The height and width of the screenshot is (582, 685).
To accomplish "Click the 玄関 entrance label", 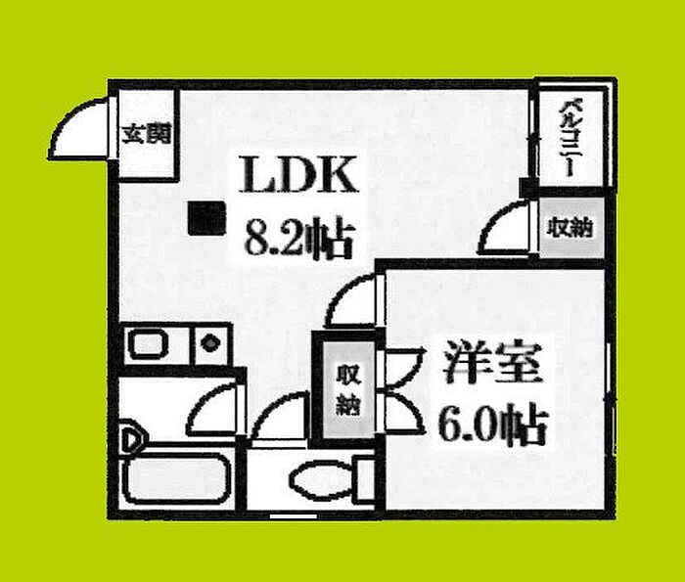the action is [x=147, y=134].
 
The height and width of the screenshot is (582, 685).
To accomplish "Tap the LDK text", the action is [x=298, y=175].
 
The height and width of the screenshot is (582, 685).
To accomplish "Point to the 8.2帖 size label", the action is [x=298, y=240].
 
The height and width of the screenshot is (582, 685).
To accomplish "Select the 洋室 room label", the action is [x=493, y=363].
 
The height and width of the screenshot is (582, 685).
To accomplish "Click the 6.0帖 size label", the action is [x=493, y=425].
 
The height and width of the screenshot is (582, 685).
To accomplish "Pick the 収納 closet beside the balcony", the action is [x=571, y=228].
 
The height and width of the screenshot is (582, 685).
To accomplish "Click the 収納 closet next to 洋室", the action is [x=348, y=389].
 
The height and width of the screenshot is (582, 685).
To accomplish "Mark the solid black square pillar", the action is [x=206, y=218].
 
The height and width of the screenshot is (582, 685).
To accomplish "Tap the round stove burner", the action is [x=210, y=342].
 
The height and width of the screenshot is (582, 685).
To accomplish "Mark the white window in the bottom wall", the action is [x=293, y=516].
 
